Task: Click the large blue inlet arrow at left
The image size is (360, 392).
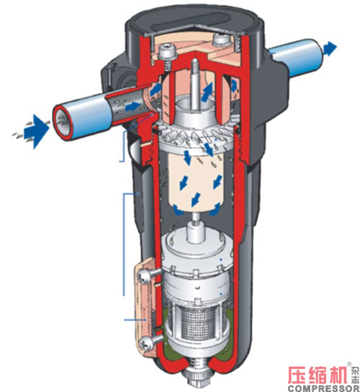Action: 36,130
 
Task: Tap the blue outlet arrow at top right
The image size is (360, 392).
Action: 330,48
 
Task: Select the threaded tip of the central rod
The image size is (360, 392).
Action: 194,65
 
